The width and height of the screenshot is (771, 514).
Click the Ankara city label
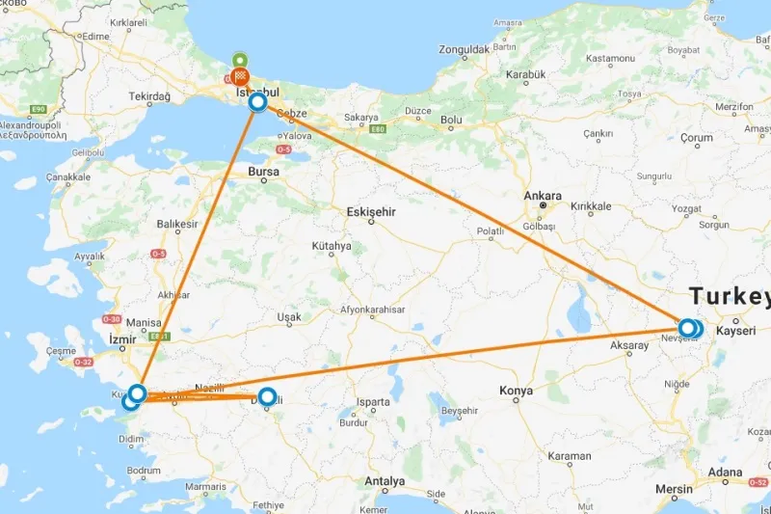(542, 195)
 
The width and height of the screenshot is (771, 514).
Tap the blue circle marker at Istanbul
(257, 101)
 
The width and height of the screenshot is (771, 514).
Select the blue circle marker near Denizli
(267, 395)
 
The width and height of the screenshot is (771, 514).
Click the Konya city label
(516, 391)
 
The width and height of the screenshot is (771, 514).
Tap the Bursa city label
(263, 173)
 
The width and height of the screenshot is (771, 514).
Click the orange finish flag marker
(241, 75)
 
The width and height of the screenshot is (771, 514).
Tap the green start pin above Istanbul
(238, 59)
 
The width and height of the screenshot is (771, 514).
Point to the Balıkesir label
(177, 225)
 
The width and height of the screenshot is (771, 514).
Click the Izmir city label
(124, 339)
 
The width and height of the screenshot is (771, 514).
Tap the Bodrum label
(144, 471)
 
